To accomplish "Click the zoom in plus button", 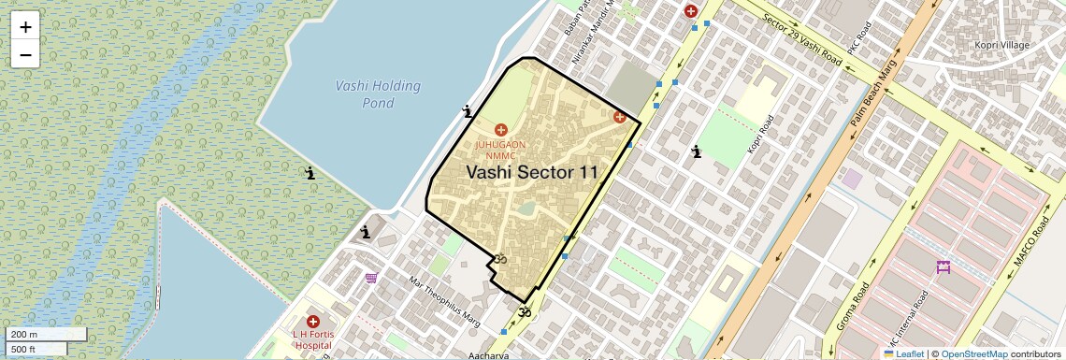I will pos(25,26).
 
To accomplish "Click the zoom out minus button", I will pos(25,54).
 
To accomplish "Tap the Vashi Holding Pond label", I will pos(378,94).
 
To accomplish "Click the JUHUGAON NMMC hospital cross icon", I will pos(500,129).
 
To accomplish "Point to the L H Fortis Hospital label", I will pos(312,338).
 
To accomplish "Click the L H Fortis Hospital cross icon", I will pos(312,322).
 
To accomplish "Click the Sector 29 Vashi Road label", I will pos(801,45).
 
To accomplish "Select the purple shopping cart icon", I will pos(371,277).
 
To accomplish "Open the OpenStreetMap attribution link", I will pos(973,353).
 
